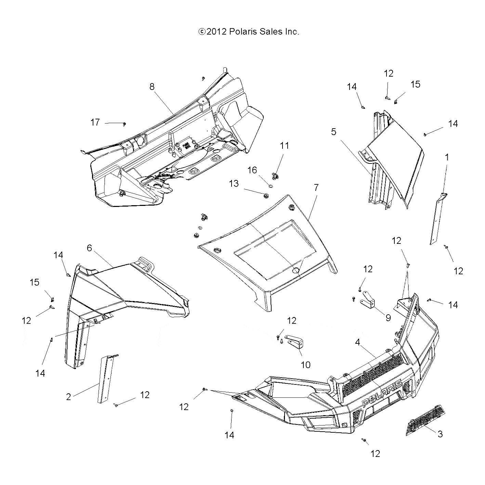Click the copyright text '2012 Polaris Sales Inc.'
click(249, 32)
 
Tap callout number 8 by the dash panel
click(152, 87)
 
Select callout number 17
click(95, 122)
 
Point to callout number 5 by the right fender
click(333, 131)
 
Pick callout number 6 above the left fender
click(89, 248)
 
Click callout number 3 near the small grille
click(440, 434)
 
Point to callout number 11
click(284, 146)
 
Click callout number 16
click(252, 170)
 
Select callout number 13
click(234, 184)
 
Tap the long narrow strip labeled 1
click(438, 219)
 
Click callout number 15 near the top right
click(415, 84)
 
